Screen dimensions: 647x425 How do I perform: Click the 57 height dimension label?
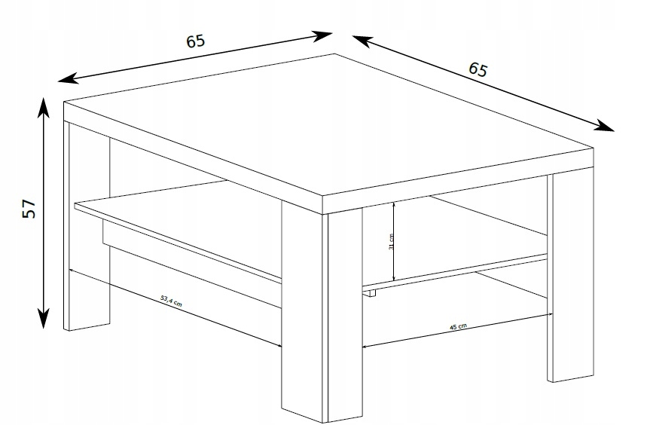pos(29,209)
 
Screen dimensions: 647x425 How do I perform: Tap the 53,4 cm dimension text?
pos(171,301)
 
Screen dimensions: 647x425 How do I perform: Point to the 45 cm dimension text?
pos(458,326)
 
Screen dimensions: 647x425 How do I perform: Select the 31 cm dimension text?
pos(391,241)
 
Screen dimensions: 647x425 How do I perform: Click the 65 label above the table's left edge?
pos(195,41)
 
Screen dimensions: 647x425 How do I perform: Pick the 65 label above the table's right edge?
pos(478,69)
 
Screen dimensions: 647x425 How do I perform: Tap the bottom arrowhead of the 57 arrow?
pos(44,319)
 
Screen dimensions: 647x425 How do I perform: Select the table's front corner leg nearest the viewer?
pos(322,313)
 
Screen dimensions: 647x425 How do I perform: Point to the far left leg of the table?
pos(87,225)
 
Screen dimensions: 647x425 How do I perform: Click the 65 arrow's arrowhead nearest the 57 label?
pos(68,78)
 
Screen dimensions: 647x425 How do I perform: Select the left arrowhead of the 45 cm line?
pos(365,347)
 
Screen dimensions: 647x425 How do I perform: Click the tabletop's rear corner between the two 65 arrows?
pos(334,54)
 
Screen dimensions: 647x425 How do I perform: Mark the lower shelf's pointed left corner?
pos(75,204)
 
